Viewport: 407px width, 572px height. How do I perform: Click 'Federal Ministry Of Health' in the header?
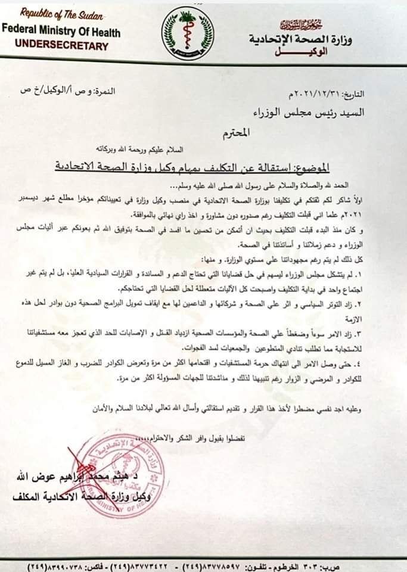[x=61, y=30]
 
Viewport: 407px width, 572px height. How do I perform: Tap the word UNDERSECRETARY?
[x=62, y=45]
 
